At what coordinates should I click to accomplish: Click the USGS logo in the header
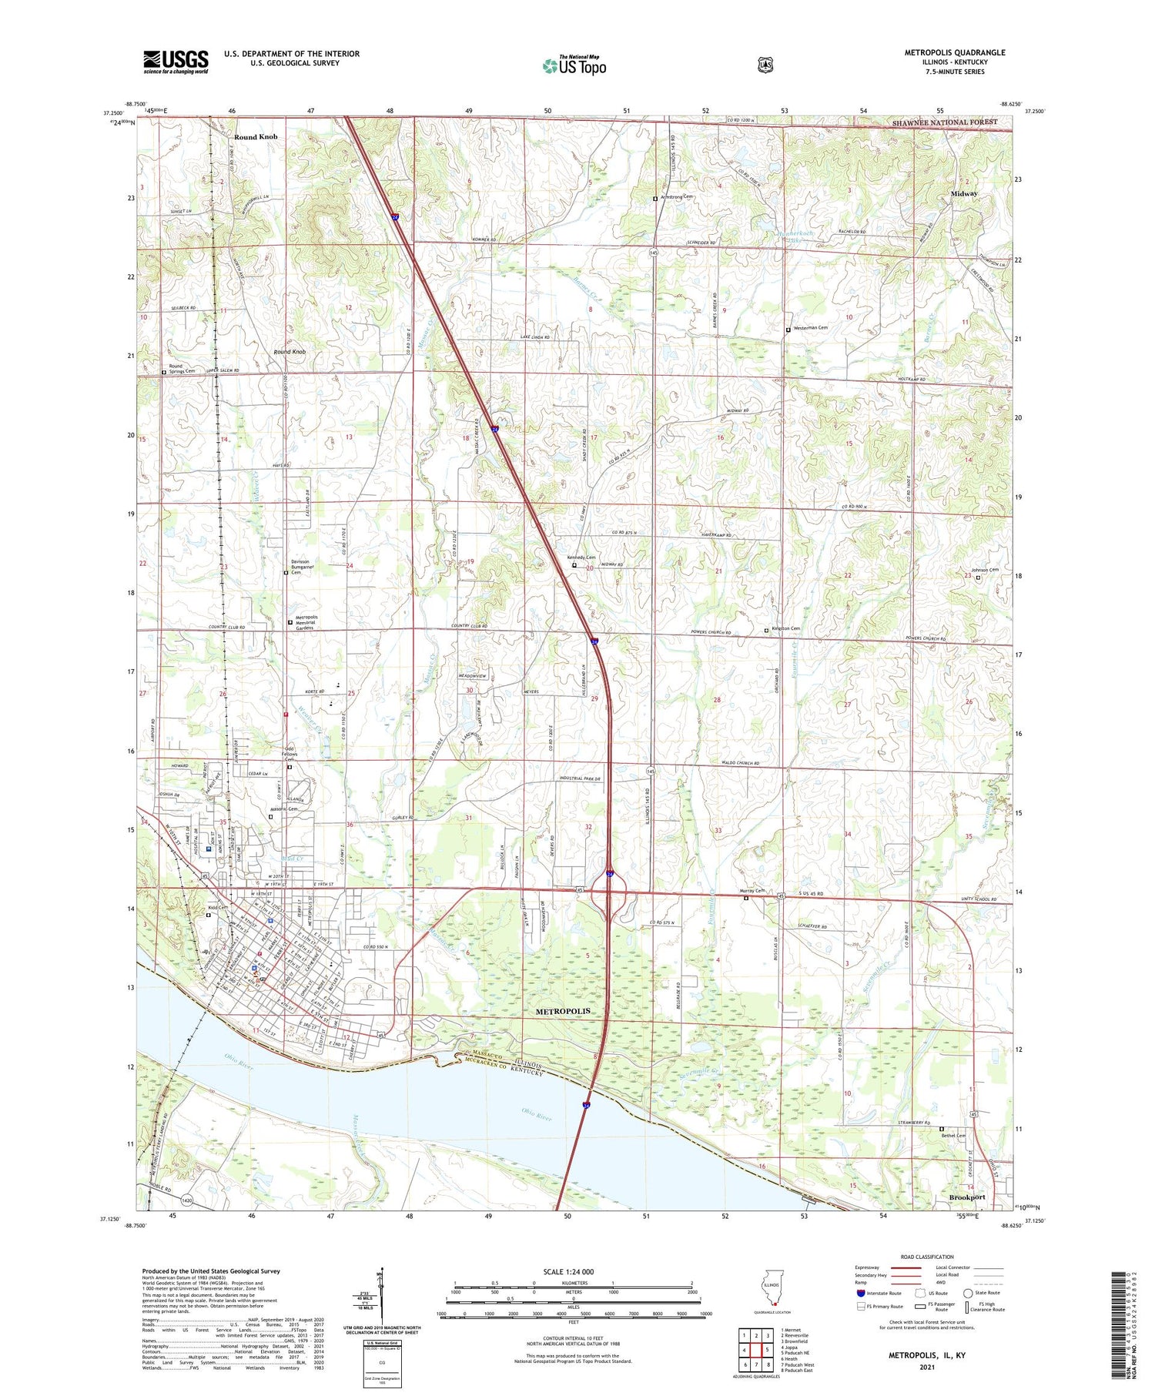coord(176,62)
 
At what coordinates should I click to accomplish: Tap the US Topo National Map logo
coord(574,65)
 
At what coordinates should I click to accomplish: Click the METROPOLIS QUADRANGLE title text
coord(955,52)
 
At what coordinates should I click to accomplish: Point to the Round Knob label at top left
coord(256,137)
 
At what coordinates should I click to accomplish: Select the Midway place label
coord(963,194)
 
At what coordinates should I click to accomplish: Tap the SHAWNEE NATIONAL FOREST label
coord(944,122)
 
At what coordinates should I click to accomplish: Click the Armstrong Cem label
coord(676,197)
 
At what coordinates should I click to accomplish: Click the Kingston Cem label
coord(785,629)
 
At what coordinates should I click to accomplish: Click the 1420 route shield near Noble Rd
coord(187,1200)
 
